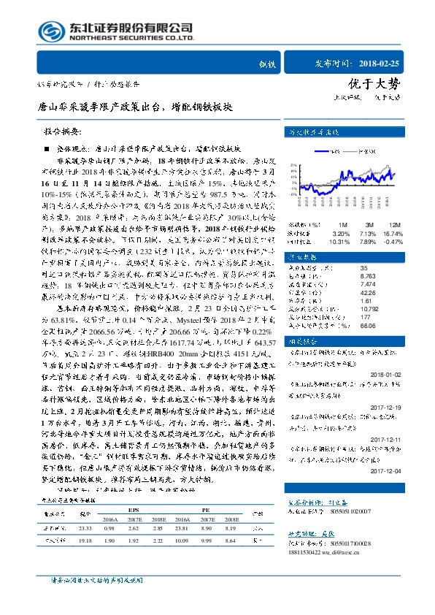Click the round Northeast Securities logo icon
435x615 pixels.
50,30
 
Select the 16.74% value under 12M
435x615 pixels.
393,232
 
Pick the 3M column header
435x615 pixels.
367,224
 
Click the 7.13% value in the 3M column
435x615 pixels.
367,232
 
